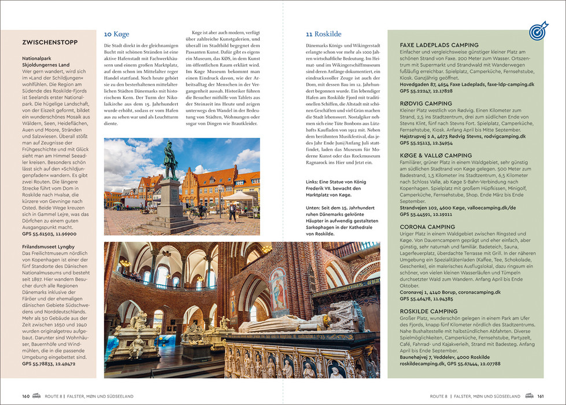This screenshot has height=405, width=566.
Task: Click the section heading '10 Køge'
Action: [117, 34]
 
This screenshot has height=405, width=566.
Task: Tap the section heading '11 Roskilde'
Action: [323, 34]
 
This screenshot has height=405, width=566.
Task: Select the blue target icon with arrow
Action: [538, 32]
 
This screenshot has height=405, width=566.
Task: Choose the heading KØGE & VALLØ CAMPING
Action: [436, 156]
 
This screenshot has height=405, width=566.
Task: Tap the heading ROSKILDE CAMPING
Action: [429, 311]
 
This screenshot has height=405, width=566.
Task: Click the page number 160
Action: [26, 396]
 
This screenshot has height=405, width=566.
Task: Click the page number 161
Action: [540, 396]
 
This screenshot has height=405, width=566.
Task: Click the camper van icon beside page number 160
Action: [38, 396]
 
